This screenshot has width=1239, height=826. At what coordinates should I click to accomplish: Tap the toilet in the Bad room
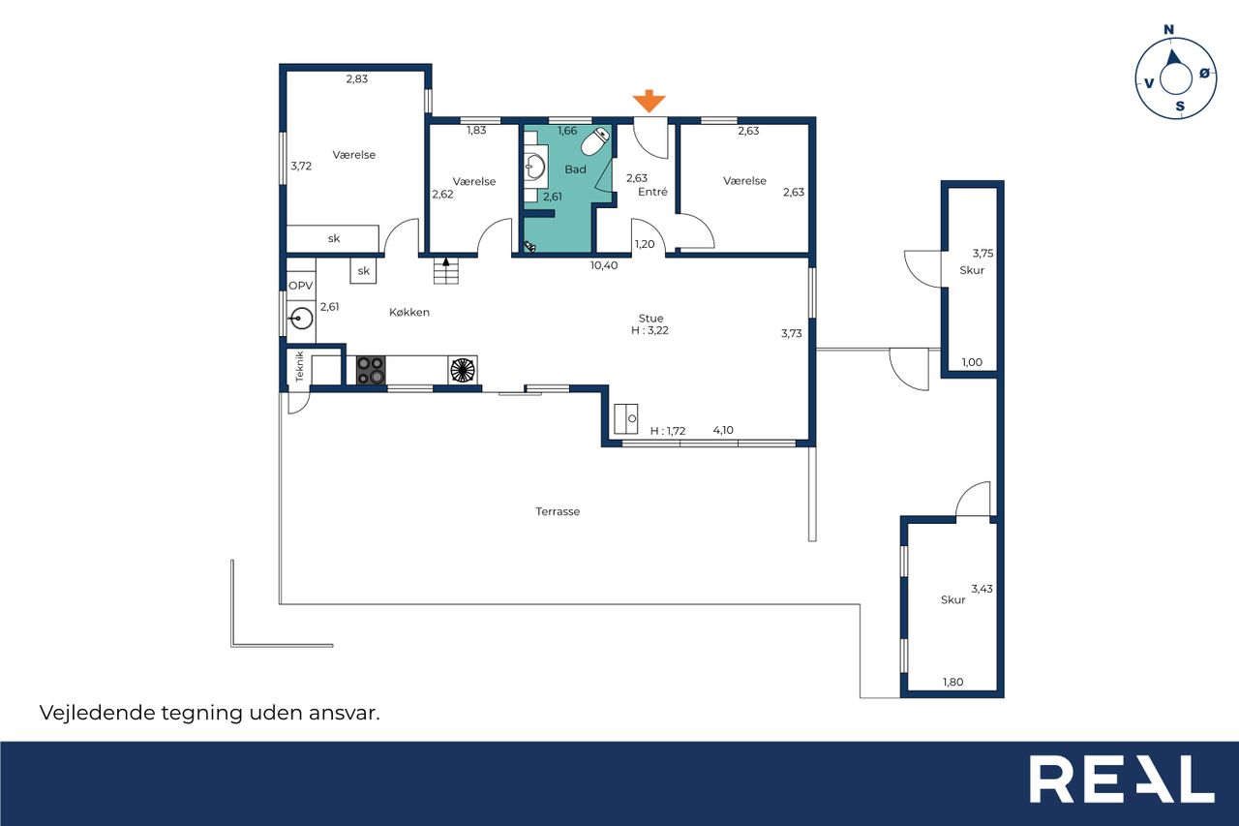(x=595, y=141)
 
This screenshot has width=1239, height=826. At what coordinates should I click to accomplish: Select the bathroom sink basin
(x=535, y=167)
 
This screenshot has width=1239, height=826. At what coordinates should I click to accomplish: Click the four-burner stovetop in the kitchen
(x=371, y=370)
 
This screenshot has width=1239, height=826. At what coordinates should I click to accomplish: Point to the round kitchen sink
(x=301, y=319)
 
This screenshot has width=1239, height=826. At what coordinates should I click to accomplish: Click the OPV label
(x=301, y=286)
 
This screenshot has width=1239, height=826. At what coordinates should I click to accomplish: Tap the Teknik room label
(x=300, y=366)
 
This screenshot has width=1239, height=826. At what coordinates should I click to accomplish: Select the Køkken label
(x=409, y=312)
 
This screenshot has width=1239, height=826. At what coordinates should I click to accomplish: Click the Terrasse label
(x=558, y=511)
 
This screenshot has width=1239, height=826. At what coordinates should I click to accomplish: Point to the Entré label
(x=652, y=192)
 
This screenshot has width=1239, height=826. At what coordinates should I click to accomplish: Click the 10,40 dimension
(x=604, y=265)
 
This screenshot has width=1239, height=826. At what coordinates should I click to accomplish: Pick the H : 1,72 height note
(x=668, y=431)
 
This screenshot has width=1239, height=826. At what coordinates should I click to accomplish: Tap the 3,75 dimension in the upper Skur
(x=982, y=254)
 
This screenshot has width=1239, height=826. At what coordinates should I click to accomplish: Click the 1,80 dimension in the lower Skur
(x=953, y=682)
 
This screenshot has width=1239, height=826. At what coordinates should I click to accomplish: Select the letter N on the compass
(x=1168, y=29)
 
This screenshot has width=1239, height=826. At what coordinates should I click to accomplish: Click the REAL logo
(x=1122, y=780)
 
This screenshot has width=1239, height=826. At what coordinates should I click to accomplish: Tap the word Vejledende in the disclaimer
(x=96, y=713)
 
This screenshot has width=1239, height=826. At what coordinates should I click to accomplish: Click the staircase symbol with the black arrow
(x=446, y=270)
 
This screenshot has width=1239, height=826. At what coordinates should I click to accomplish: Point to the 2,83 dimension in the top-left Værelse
(x=357, y=79)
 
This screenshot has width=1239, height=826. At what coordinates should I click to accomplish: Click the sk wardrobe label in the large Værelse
(x=334, y=238)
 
